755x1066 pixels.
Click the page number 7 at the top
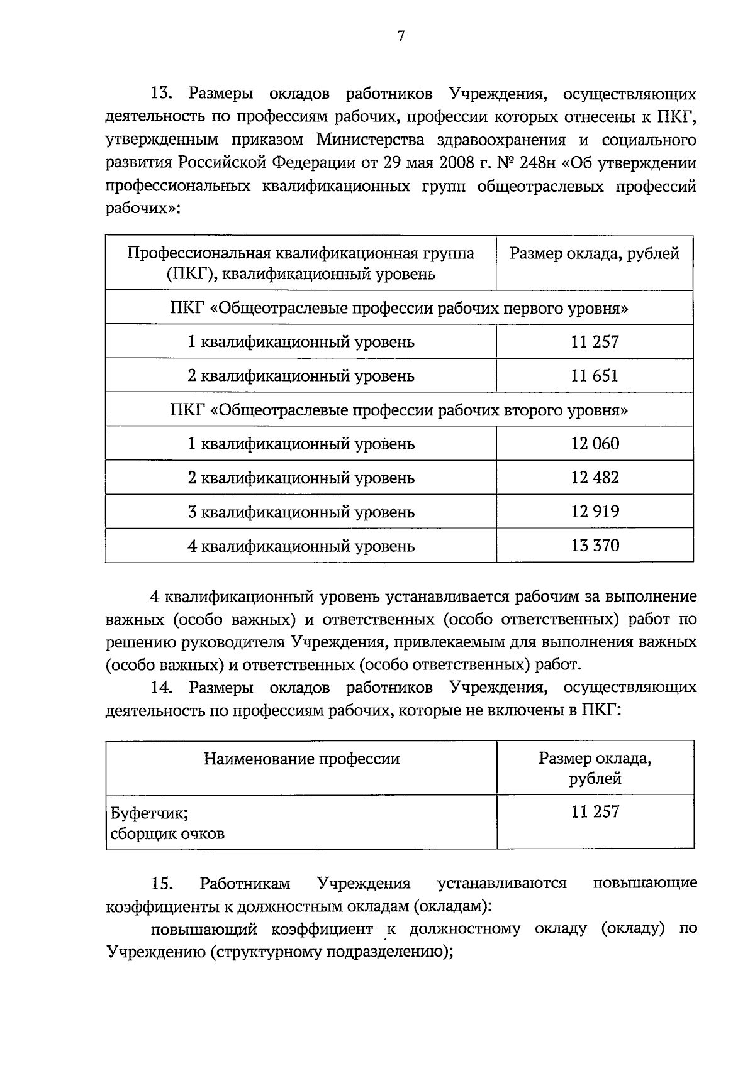401,36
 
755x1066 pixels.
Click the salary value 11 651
595,376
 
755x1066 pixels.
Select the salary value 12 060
595,444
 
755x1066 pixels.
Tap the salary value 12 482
595,478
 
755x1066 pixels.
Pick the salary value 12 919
595,512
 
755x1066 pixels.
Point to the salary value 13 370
595,546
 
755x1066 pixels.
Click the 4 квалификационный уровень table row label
301,546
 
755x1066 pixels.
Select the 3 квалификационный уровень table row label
301,512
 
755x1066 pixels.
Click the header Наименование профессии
301,759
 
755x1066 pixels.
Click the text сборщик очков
167,834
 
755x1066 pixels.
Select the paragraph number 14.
161,688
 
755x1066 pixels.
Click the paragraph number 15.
161,884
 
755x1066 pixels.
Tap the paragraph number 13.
161,94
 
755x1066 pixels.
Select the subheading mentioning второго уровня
399,410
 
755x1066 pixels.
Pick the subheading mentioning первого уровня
399,309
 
